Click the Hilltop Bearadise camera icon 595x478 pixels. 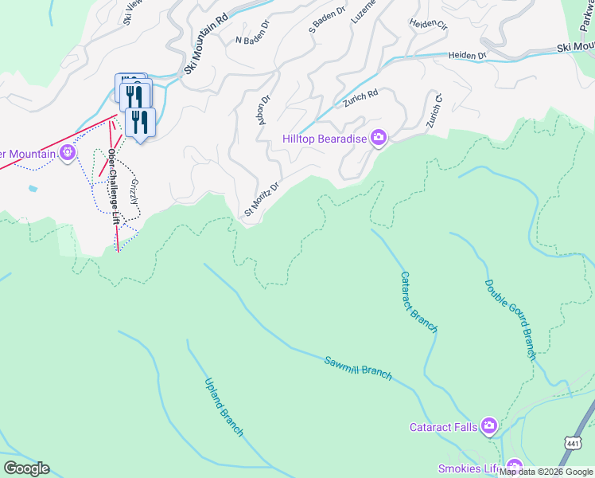click(378, 139)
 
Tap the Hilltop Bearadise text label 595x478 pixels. click(325, 139)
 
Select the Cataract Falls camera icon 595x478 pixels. click(489, 427)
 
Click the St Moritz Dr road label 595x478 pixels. click(262, 199)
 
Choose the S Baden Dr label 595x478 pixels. click(327, 20)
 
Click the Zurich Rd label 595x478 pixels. click(360, 99)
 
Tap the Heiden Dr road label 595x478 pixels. click(467, 56)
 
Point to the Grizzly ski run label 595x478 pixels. click(134, 191)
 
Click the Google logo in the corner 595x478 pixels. click(26, 468)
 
